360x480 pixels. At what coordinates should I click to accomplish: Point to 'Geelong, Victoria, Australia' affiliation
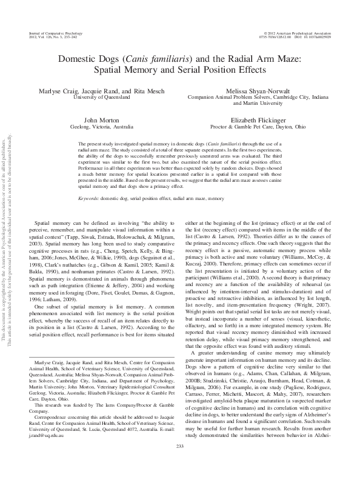coord(100,128)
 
